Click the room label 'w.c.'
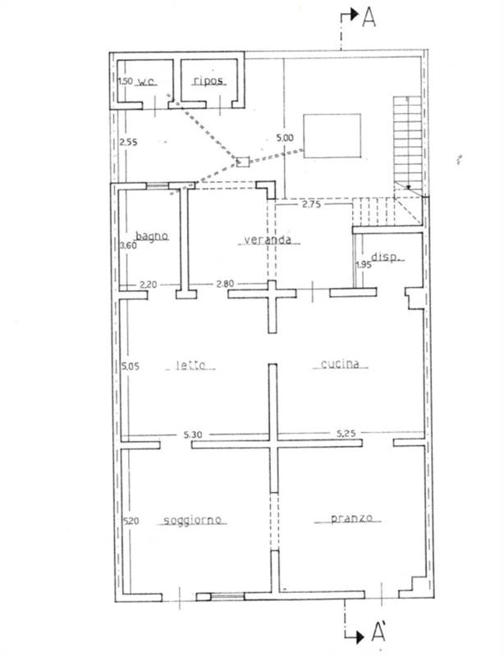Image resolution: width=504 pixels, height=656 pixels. (x=147, y=81)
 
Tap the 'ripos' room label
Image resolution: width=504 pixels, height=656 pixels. (x=208, y=80)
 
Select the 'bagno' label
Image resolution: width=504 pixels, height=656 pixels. (x=152, y=236)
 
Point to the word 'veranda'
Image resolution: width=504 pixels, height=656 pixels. (x=268, y=239)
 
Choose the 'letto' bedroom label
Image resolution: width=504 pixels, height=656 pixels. (x=190, y=365)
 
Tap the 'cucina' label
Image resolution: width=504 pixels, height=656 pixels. (x=340, y=364)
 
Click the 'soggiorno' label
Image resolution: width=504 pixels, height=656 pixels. (x=192, y=520)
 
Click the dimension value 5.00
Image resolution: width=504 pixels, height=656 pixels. (x=285, y=138)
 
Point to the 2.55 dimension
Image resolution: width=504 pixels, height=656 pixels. (x=128, y=142)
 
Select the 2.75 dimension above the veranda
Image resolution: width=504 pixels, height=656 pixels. (x=311, y=204)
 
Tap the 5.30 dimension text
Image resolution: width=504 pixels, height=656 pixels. (x=193, y=435)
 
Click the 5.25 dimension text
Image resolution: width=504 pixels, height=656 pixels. (x=346, y=434)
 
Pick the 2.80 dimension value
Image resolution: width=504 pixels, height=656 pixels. (x=225, y=284)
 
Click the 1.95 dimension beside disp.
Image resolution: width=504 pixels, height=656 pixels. (x=364, y=265)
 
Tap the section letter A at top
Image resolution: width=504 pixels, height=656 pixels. (x=369, y=17)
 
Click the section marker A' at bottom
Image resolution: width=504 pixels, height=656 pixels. (x=378, y=632)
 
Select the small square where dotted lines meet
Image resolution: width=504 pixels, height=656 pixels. (x=243, y=162)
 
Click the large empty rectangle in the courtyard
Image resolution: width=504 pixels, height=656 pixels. (x=332, y=136)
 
